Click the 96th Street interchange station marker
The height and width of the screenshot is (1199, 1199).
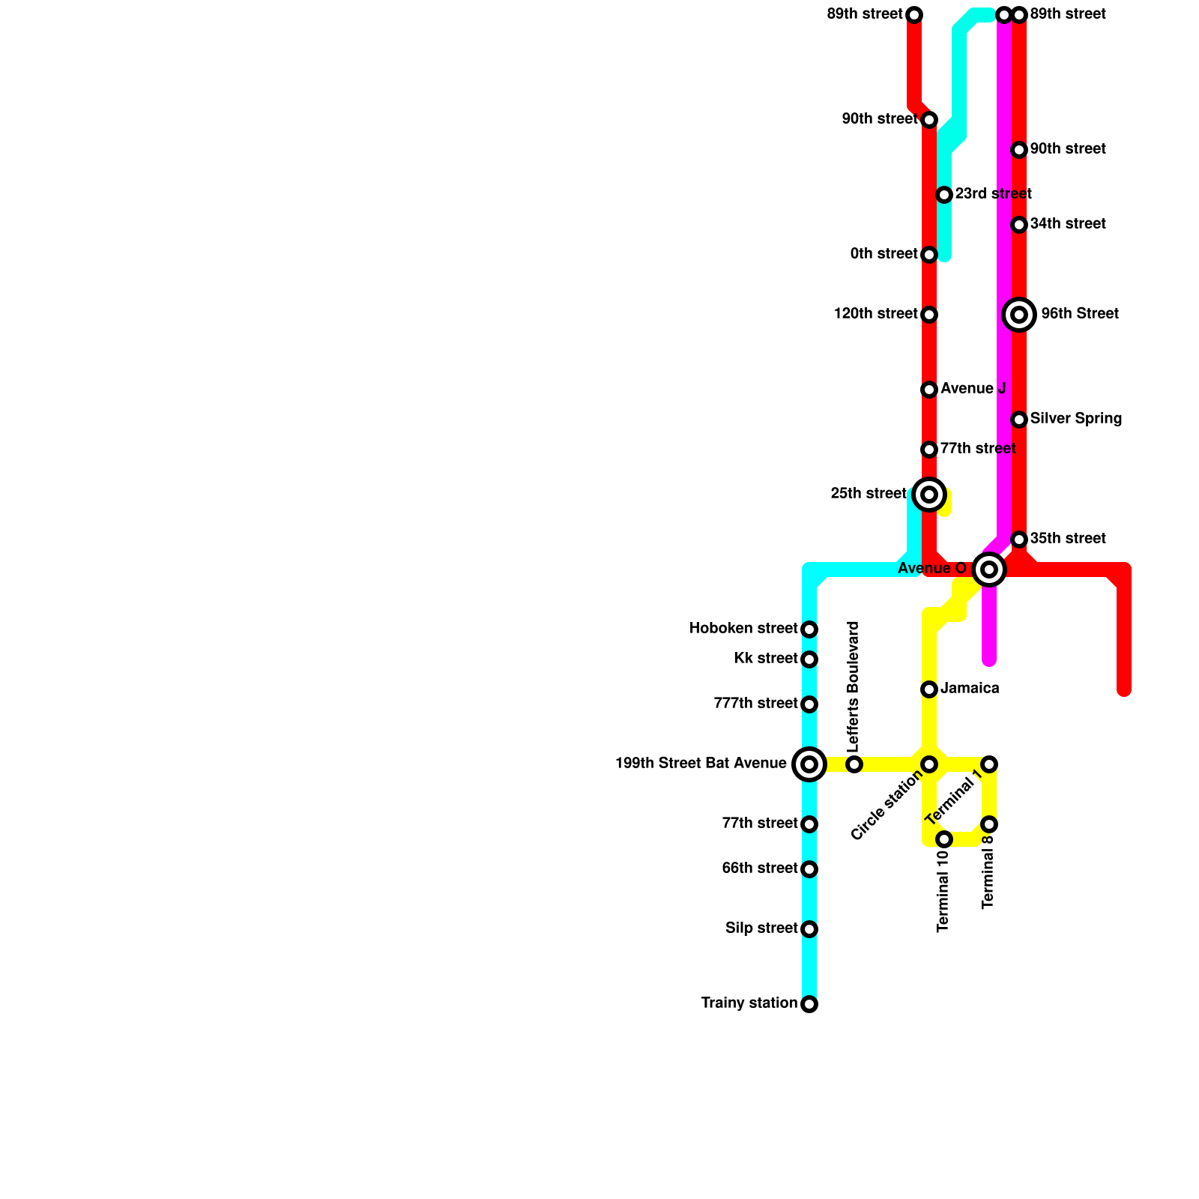pos(1019,315)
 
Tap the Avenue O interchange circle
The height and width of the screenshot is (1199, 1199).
pos(989,570)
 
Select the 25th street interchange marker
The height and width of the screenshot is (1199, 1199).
pos(929,495)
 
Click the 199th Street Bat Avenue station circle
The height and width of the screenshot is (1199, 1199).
pos(809,764)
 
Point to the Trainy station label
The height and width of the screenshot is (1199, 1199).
pos(749,1003)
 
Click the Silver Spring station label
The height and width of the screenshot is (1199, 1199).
pos(1075,419)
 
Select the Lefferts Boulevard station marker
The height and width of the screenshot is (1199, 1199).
pos(854,764)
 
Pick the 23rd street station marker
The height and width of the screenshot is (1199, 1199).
pos(944,195)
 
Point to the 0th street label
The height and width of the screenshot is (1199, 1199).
pos(884,254)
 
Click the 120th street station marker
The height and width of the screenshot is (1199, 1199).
pos(929,315)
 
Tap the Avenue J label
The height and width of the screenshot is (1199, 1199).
pos(973,389)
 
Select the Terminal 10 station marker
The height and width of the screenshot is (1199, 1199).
pos(944,839)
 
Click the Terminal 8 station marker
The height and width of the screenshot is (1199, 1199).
pos(989,824)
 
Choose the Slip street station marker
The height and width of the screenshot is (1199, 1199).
pos(809,929)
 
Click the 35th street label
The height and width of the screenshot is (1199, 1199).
pos(1067,539)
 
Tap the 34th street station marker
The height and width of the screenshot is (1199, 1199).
pos(1019,225)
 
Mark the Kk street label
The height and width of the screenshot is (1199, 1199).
pos(765,659)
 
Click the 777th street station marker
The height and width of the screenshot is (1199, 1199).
pos(809,704)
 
